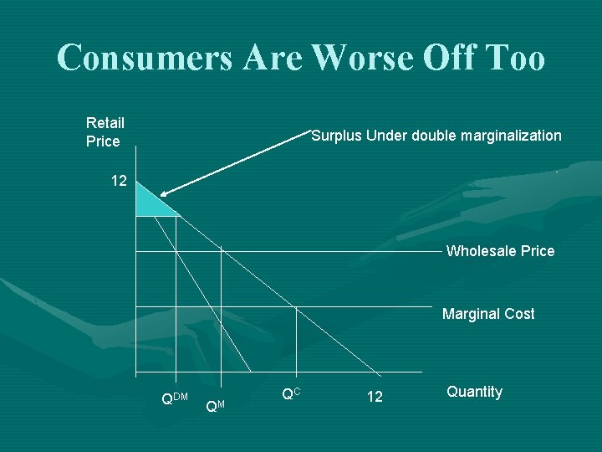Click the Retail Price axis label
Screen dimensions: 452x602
pos(105,132)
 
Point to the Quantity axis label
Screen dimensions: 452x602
pos(474,392)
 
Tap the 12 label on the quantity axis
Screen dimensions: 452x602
pos(375,397)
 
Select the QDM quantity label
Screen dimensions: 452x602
pos(175,396)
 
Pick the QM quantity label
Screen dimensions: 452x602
pos(215,406)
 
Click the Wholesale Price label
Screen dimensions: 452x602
pos(500,251)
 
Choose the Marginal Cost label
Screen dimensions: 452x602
pos(488,314)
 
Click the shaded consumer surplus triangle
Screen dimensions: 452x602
pos(150,203)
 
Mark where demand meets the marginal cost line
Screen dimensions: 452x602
pos(298,306)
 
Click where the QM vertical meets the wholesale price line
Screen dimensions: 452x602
pos(220,250)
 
